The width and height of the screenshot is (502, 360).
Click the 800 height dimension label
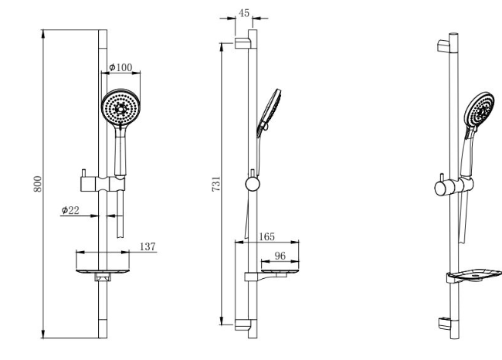38,184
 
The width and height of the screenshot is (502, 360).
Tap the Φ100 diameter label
120,67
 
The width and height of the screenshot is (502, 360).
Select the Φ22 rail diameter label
70,210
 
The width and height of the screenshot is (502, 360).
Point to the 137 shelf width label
148,246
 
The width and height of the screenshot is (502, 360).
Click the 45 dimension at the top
244,13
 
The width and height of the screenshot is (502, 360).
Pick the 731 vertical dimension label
216,184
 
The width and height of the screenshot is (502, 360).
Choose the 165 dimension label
266,236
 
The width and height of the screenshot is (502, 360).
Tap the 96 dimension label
280,256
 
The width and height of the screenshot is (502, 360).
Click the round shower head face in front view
120,107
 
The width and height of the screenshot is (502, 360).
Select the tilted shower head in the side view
269,113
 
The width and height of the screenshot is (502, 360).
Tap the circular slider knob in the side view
253,184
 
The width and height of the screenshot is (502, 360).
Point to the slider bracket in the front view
103,184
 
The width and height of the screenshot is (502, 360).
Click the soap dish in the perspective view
474,276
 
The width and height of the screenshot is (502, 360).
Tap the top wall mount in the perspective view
443,46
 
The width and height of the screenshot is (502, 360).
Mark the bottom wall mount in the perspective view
444,324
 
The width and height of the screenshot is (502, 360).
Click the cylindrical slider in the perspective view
454,186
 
